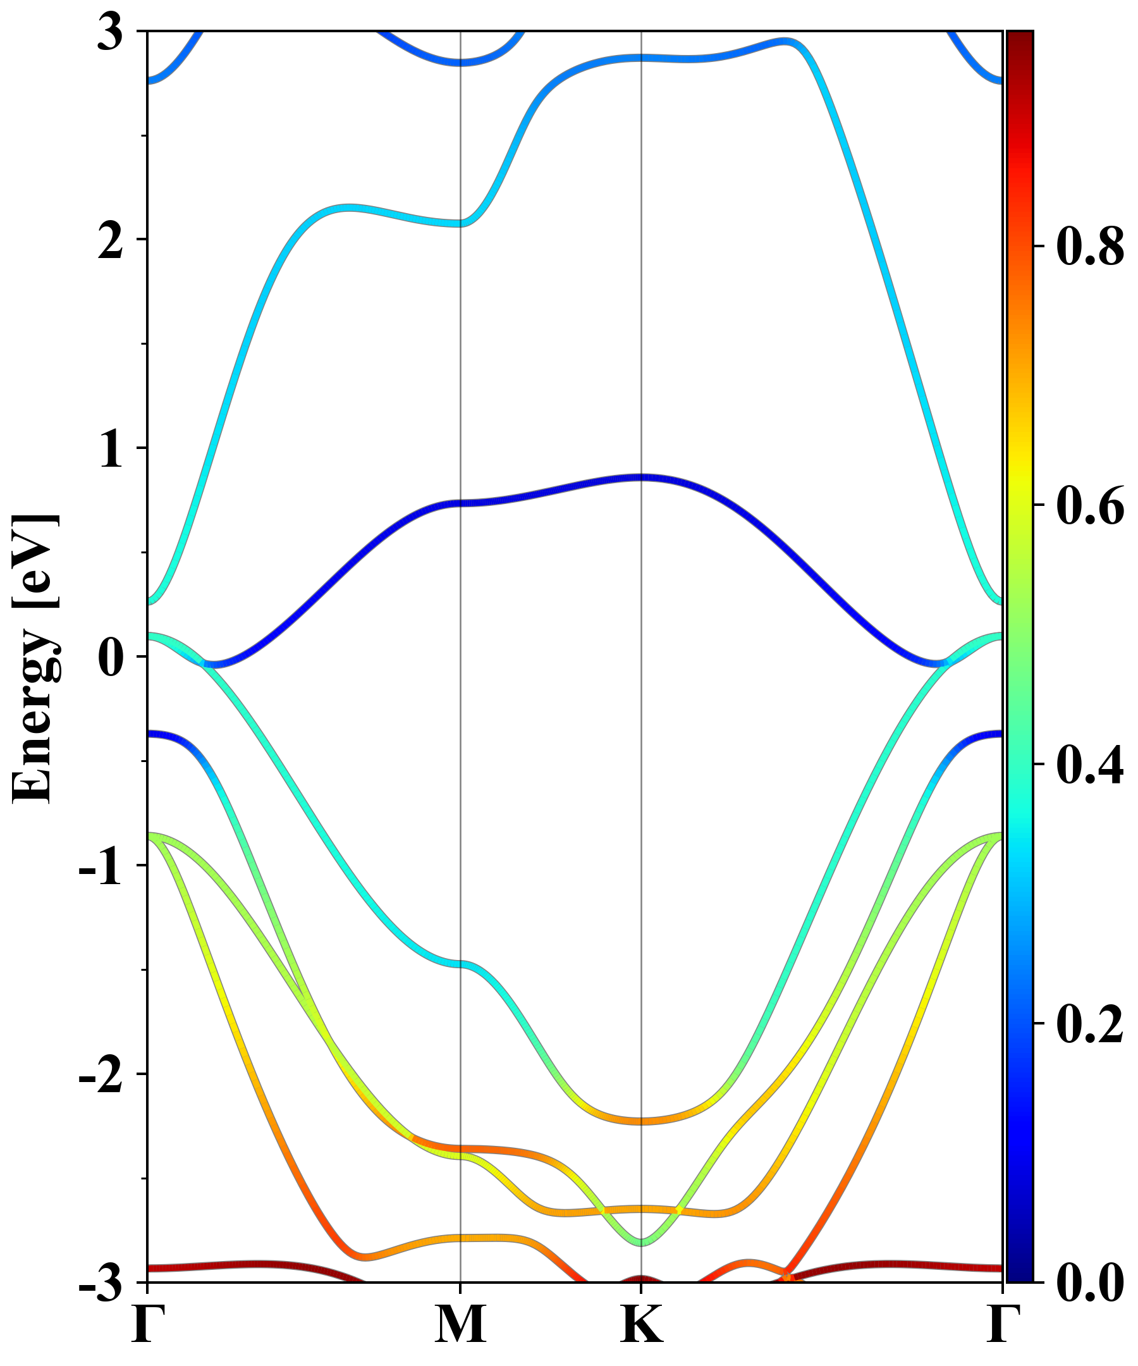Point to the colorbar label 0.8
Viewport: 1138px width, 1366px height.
(x=1090, y=247)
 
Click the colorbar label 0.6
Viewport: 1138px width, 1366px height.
(x=1090, y=506)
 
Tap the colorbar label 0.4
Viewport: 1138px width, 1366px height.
(x=1090, y=765)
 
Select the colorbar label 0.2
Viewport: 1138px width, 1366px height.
(x=1090, y=1024)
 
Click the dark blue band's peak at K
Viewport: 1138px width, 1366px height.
(x=642, y=477)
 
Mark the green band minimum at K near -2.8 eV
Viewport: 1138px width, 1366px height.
(x=642, y=1243)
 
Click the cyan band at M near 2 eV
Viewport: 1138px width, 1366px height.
(x=460, y=223)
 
